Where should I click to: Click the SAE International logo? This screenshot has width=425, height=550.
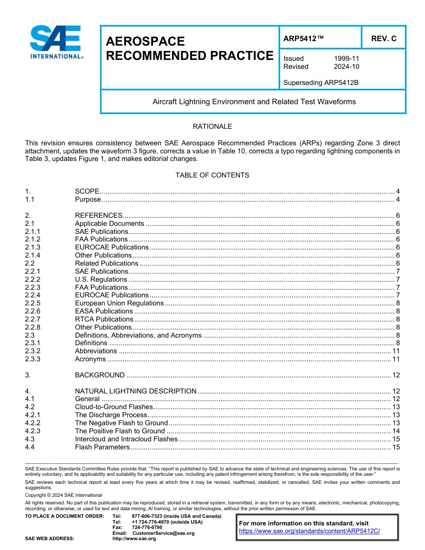point(56,42)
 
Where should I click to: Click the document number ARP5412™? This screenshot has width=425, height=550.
point(303,39)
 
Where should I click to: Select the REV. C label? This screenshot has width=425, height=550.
point(383,39)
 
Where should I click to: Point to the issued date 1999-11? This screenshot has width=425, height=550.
point(346,59)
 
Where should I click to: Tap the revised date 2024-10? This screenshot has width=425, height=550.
point(346,67)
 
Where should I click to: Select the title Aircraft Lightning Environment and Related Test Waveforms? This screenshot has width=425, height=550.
point(254,102)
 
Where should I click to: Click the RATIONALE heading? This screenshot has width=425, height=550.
point(212,127)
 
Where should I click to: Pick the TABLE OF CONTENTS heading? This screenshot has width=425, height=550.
point(212,175)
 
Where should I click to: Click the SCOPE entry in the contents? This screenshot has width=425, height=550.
point(87,191)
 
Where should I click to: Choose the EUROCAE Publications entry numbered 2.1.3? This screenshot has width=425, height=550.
point(111,247)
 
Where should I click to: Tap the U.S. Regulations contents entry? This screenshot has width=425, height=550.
point(101,279)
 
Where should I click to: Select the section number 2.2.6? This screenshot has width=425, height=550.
point(33,311)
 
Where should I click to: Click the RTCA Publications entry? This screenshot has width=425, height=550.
point(104,319)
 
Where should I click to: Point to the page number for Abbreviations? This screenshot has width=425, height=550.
point(395,351)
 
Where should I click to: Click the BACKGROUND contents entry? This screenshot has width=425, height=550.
point(100,375)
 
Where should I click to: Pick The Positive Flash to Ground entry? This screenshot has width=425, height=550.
point(120,431)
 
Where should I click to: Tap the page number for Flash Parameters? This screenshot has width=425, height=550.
point(395,447)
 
